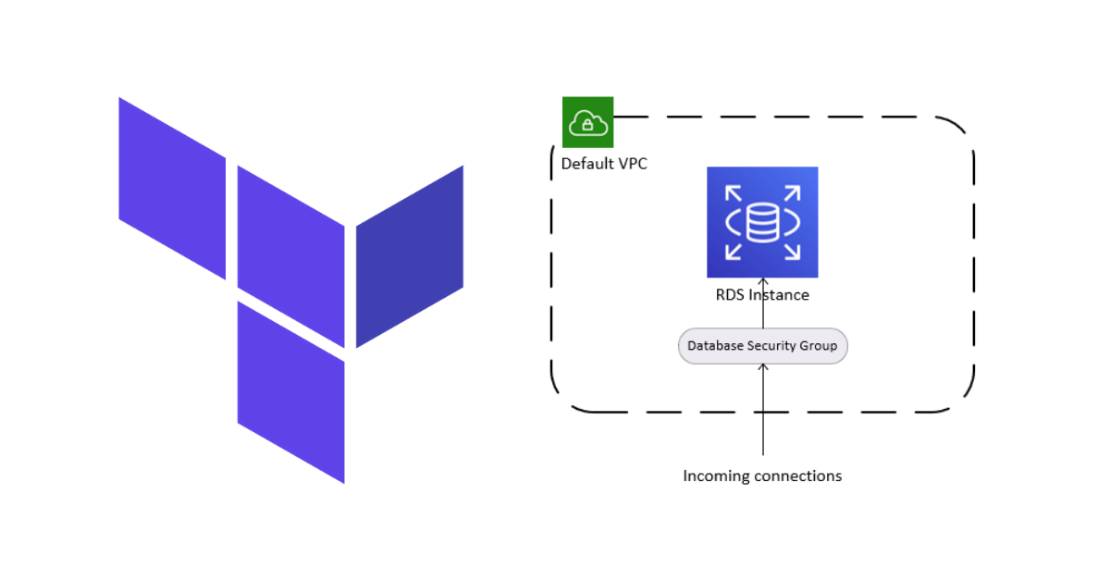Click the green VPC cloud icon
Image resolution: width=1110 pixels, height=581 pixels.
(587, 122)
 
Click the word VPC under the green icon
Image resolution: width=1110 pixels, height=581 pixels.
(632, 165)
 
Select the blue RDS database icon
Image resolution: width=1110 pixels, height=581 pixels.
(762, 222)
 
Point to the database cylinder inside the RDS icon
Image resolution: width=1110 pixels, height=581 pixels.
(762, 223)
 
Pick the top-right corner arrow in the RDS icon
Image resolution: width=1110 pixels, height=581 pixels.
(793, 192)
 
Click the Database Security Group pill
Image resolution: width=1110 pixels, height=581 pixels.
(762, 346)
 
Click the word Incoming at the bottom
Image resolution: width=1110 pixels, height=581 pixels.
(716, 476)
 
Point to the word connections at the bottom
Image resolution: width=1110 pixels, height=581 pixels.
(798, 476)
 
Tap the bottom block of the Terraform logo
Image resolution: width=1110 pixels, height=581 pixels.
(290, 391)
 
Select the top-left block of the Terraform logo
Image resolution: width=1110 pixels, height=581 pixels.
(172, 188)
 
